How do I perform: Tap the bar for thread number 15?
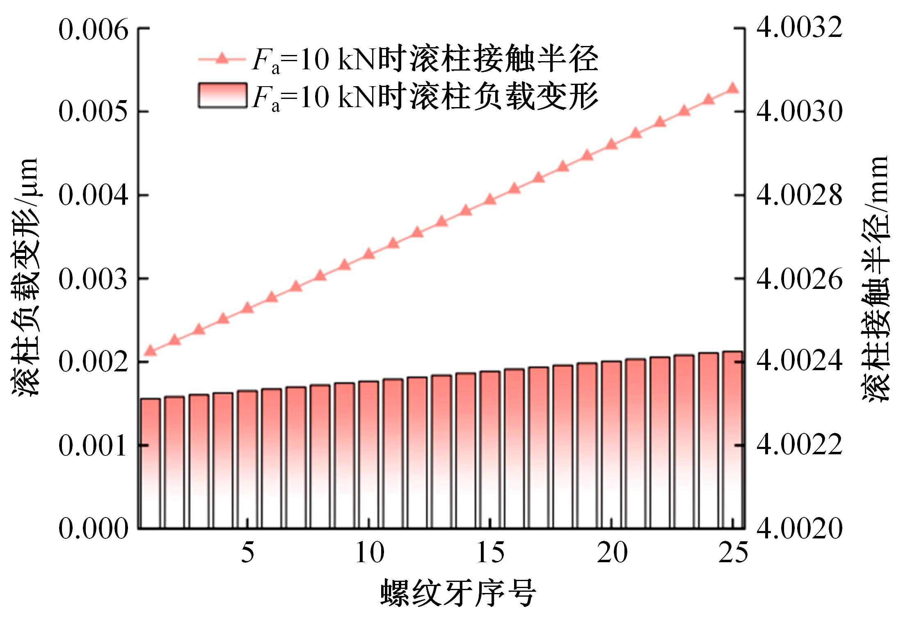pos(490,449)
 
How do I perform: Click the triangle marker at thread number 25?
pos(733,88)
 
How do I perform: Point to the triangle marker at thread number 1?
pos(151,350)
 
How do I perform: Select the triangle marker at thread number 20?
pos(612,144)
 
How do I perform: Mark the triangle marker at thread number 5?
pos(247,308)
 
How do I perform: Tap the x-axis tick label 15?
pos(490,553)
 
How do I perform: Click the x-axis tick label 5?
pos(247,553)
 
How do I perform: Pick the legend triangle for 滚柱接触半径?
pos(222,59)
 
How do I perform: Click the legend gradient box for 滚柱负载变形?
pos(222,95)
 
